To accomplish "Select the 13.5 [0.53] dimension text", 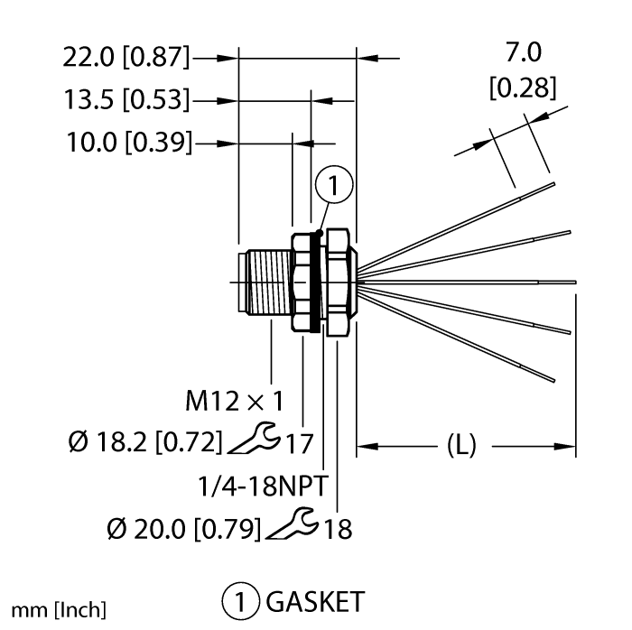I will pos(126,99).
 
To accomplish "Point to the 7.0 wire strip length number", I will pos(523,55).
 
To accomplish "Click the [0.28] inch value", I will pos(522,88).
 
